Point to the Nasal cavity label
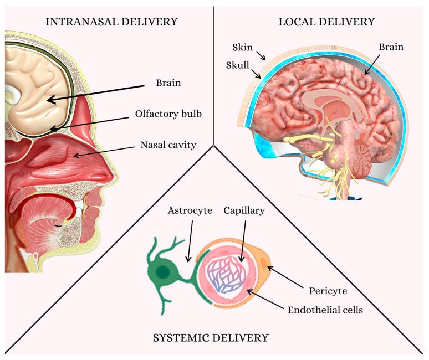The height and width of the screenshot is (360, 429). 164,147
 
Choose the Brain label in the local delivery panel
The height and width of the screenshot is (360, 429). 391,48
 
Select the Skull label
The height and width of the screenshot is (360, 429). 237,65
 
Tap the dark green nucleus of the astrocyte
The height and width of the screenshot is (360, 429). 164,272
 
